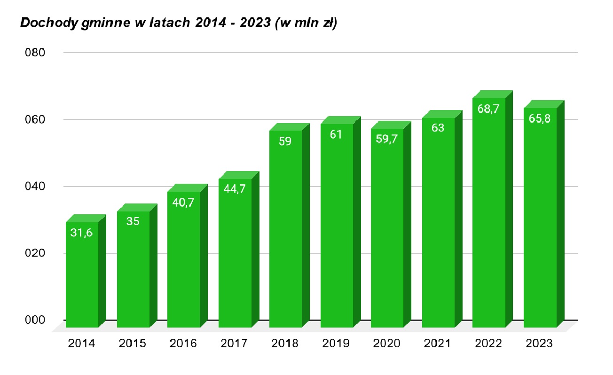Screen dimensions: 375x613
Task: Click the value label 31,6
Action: click(81, 233)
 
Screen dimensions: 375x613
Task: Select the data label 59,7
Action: click(387, 139)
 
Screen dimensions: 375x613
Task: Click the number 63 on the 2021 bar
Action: click(438, 127)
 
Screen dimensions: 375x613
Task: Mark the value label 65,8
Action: click(539, 118)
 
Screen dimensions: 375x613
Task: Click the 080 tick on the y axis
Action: click(35, 53)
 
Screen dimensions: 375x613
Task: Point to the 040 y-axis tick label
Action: click(35, 187)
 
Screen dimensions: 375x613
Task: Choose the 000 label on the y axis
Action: click(35, 320)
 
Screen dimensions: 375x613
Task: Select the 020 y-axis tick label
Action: click(35, 253)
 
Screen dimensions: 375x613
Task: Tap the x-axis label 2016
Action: click(183, 344)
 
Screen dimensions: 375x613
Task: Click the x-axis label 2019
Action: click(336, 344)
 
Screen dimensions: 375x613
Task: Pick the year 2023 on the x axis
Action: click(539, 344)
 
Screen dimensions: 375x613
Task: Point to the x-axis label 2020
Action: click(387, 344)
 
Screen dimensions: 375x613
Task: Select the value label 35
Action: click(133, 221)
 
